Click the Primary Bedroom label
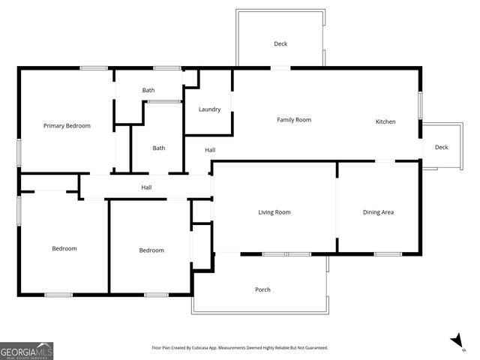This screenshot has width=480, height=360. [x=67, y=126]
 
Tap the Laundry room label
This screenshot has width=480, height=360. [x=209, y=109]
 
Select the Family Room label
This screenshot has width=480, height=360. [x=293, y=120]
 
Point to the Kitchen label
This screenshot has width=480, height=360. [x=385, y=121]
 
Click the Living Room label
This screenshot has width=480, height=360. [x=274, y=212]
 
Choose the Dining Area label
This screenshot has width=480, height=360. [x=378, y=212]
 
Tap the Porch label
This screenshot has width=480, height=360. [x=262, y=289]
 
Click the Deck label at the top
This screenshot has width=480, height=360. [x=280, y=44]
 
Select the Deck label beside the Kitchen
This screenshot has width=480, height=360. [x=442, y=147]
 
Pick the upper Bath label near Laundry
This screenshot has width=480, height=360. [x=148, y=91]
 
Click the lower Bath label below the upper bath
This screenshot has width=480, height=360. [x=159, y=148]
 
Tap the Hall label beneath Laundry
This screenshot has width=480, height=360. [x=211, y=150]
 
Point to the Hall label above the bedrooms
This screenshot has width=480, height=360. [x=147, y=187]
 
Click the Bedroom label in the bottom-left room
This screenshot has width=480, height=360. [x=64, y=248]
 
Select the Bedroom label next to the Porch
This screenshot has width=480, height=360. [x=151, y=250]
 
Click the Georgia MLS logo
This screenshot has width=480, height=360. [x=27, y=350]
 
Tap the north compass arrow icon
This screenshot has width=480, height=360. [x=457, y=341]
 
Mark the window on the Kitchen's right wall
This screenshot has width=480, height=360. [x=420, y=105]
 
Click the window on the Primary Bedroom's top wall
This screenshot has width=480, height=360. [x=94, y=68]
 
